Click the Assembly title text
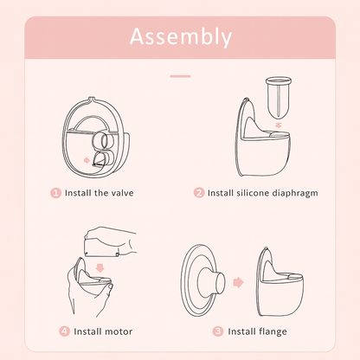pos(180,37)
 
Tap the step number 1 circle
pos(57,192)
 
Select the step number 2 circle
pos(199,192)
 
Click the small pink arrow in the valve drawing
pos(86,159)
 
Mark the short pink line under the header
pos(180,75)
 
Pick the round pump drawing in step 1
pos(96,132)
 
